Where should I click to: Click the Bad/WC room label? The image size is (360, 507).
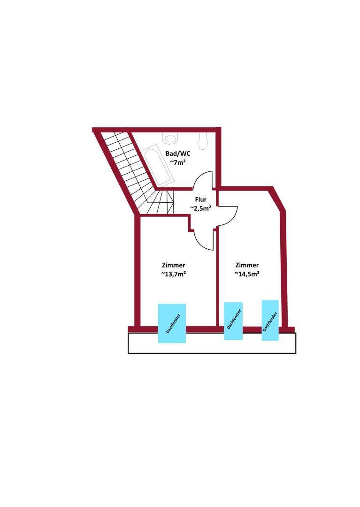pos(178,154)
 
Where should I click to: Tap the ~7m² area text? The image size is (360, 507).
pos(178,162)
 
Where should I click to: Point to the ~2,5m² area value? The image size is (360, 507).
pos(200,208)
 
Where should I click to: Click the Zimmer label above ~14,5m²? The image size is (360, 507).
pos(247,265)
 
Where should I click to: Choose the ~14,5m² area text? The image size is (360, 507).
pos(247,274)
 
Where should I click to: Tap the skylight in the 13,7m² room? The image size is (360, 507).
pos(172,323)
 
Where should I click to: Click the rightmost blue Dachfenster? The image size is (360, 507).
pos(270,320)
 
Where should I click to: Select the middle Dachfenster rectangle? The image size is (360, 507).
pos(233,321)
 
